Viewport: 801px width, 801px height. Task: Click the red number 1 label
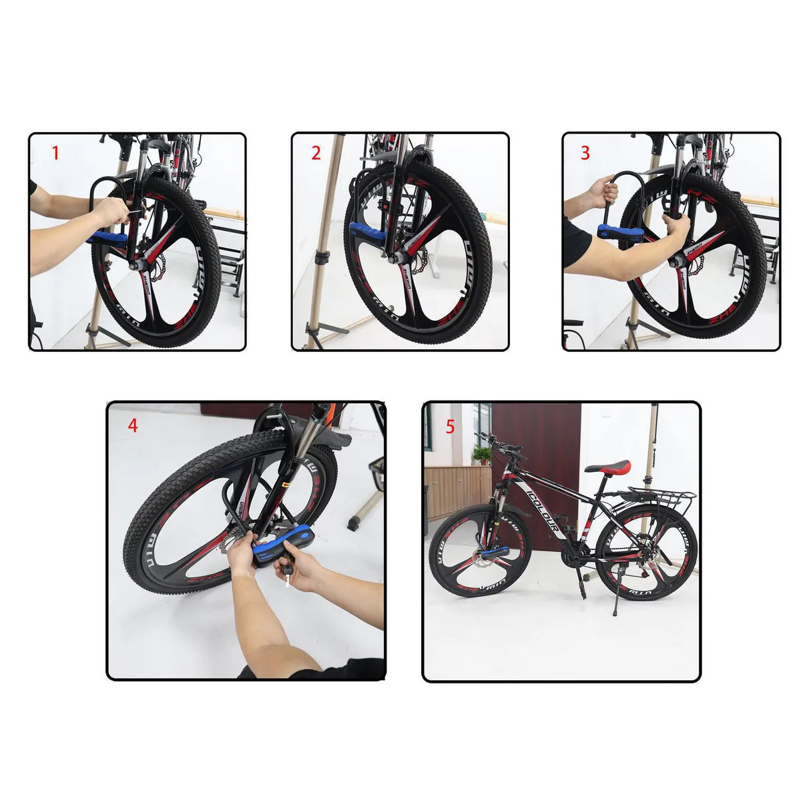point(55,154)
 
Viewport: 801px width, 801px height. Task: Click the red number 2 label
point(316,154)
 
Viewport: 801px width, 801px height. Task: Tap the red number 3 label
point(585,154)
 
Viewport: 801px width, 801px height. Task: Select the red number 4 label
point(133,425)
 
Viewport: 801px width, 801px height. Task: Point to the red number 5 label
point(450,427)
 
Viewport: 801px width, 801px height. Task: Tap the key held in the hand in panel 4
point(287,574)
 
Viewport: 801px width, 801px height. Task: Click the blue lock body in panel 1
point(107,238)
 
